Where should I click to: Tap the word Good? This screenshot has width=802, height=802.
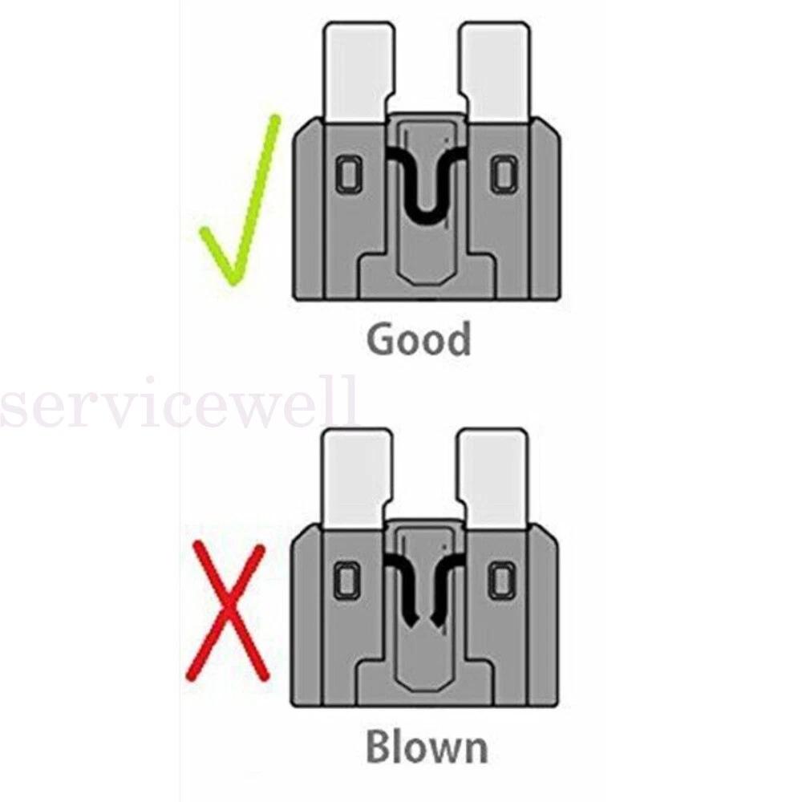point(419,339)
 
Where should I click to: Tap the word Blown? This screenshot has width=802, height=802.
point(426,747)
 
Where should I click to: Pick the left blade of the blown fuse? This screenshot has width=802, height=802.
point(358,477)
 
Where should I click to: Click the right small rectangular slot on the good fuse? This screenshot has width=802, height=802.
point(502,174)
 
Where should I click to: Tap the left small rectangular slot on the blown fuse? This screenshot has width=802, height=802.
point(347,579)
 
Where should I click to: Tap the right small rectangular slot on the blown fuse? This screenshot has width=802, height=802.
point(502,579)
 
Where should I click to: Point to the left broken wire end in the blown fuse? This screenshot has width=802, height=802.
point(410,618)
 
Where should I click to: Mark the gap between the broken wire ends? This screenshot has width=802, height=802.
point(423,619)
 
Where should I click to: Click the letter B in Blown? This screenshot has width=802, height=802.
point(381,747)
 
